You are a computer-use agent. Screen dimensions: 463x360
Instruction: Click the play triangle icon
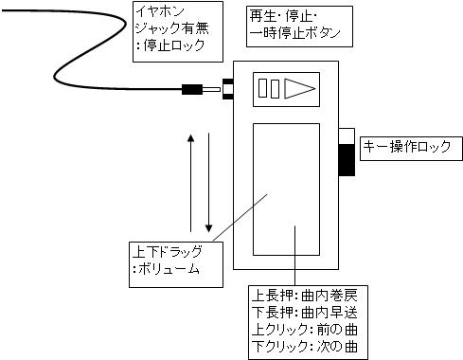click(x=299, y=88)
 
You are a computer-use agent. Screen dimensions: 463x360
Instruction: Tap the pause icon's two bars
click(x=269, y=89)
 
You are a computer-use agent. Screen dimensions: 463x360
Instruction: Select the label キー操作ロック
click(x=407, y=147)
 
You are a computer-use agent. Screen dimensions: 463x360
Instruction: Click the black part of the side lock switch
click(x=347, y=159)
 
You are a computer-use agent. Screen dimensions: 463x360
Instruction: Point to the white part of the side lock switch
click(x=347, y=136)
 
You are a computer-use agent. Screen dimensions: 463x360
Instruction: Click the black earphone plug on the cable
click(x=192, y=89)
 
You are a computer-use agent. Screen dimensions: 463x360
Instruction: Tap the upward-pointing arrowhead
click(x=190, y=138)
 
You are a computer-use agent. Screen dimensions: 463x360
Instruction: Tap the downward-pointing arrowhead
click(x=208, y=228)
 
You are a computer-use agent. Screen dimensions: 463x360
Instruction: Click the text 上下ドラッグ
click(x=168, y=252)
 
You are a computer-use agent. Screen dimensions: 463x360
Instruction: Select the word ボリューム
click(x=169, y=269)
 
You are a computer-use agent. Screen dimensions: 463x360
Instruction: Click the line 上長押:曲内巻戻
click(x=305, y=296)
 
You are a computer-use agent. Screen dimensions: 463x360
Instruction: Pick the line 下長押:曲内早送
click(x=305, y=313)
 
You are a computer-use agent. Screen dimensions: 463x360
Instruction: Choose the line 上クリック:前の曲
click(x=305, y=330)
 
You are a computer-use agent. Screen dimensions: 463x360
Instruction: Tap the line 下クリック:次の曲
click(x=305, y=347)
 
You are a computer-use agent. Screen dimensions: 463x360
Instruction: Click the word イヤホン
click(x=160, y=11)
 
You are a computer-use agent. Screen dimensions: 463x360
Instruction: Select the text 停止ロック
click(x=174, y=45)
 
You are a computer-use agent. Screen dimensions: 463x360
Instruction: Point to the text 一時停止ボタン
click(x=294, y=33)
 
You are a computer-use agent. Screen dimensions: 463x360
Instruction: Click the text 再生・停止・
click(x=284, y=16)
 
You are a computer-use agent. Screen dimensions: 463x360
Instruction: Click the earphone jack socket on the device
click(x=228, y=89)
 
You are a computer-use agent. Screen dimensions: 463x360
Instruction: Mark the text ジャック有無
click(x=172, y=28)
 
